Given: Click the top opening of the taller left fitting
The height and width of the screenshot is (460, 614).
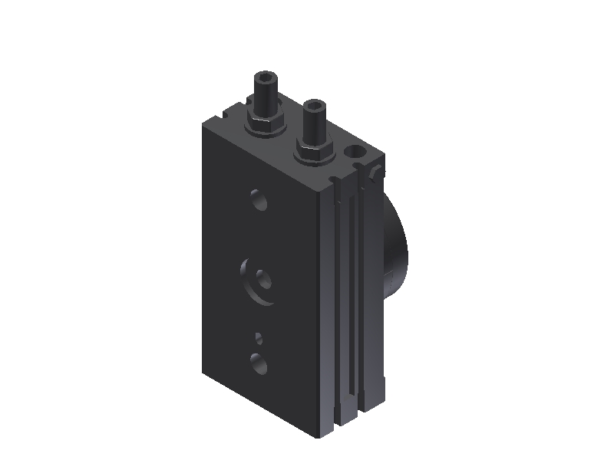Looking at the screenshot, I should pyautogui.click(x=264, y=77).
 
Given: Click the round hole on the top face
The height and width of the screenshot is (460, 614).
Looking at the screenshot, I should pyautogui.click(x=355, y=151).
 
